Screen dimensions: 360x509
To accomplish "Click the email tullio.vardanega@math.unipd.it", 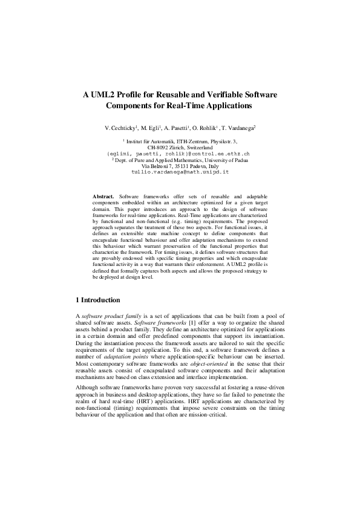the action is click(180, 172).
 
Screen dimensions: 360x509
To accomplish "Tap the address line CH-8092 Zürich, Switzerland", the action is click(180, 147).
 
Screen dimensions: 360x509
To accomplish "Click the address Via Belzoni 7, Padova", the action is click(180, 166).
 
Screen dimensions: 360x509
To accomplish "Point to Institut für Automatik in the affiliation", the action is click(157, 141).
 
